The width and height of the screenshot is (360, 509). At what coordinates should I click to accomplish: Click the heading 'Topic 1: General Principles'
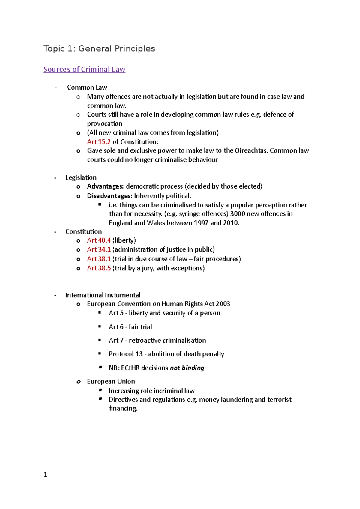99,49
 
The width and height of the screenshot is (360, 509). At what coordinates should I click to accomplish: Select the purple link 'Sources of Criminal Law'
84,69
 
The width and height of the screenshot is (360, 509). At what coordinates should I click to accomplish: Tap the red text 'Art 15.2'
99,142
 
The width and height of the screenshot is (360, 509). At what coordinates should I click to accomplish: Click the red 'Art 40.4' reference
99,240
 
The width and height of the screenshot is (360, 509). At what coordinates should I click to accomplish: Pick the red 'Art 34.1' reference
99,249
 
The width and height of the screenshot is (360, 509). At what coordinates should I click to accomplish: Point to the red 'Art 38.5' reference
99,268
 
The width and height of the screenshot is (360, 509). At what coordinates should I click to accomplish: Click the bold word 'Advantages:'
105,186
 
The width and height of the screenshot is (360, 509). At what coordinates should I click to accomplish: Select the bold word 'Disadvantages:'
109,196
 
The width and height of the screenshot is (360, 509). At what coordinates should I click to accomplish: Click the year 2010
231,223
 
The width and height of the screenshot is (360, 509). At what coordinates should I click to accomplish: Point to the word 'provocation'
105,124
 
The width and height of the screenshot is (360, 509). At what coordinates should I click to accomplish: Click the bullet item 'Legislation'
81,177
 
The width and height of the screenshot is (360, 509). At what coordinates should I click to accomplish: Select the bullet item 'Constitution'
83,231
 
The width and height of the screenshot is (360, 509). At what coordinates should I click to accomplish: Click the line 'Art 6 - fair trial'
130,327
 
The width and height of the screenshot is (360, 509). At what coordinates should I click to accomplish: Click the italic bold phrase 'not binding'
187,368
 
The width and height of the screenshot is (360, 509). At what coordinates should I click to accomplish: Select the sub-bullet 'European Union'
111,381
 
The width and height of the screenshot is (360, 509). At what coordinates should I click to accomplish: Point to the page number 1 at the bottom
45,475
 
